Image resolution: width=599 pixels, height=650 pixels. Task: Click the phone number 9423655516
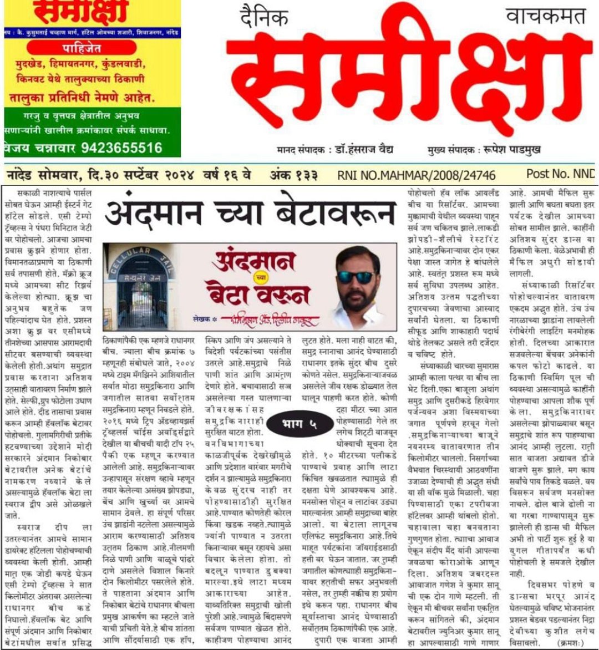(121, 148)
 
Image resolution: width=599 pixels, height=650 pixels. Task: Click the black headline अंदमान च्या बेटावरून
(250, 213)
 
